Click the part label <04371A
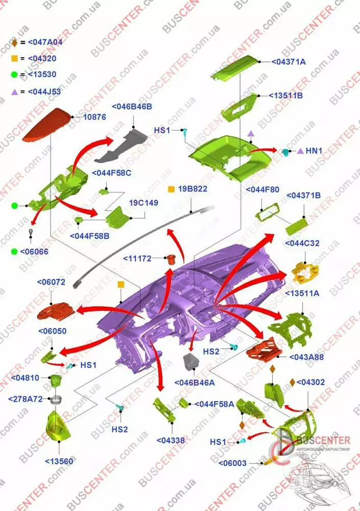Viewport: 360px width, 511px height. [289, 62]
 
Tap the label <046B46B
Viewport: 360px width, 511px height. [132, 107]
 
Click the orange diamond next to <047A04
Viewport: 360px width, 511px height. [14, 42]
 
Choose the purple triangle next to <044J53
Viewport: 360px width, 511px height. [14, 92]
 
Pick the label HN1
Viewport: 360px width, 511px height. [314, 151]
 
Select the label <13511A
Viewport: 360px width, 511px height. [302, 293]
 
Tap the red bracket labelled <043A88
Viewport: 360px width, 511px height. [263, 350]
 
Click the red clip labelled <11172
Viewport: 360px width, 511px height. [171, 260]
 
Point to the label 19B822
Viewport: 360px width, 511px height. [193, 189]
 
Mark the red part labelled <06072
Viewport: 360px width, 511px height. [56, 311]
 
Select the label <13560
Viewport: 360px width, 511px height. [59, 461]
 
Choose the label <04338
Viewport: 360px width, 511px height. [171, 440]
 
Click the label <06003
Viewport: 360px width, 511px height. [232, 463]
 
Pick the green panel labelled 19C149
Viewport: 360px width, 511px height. [117, 217]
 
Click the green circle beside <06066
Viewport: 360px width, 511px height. [14, 251]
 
